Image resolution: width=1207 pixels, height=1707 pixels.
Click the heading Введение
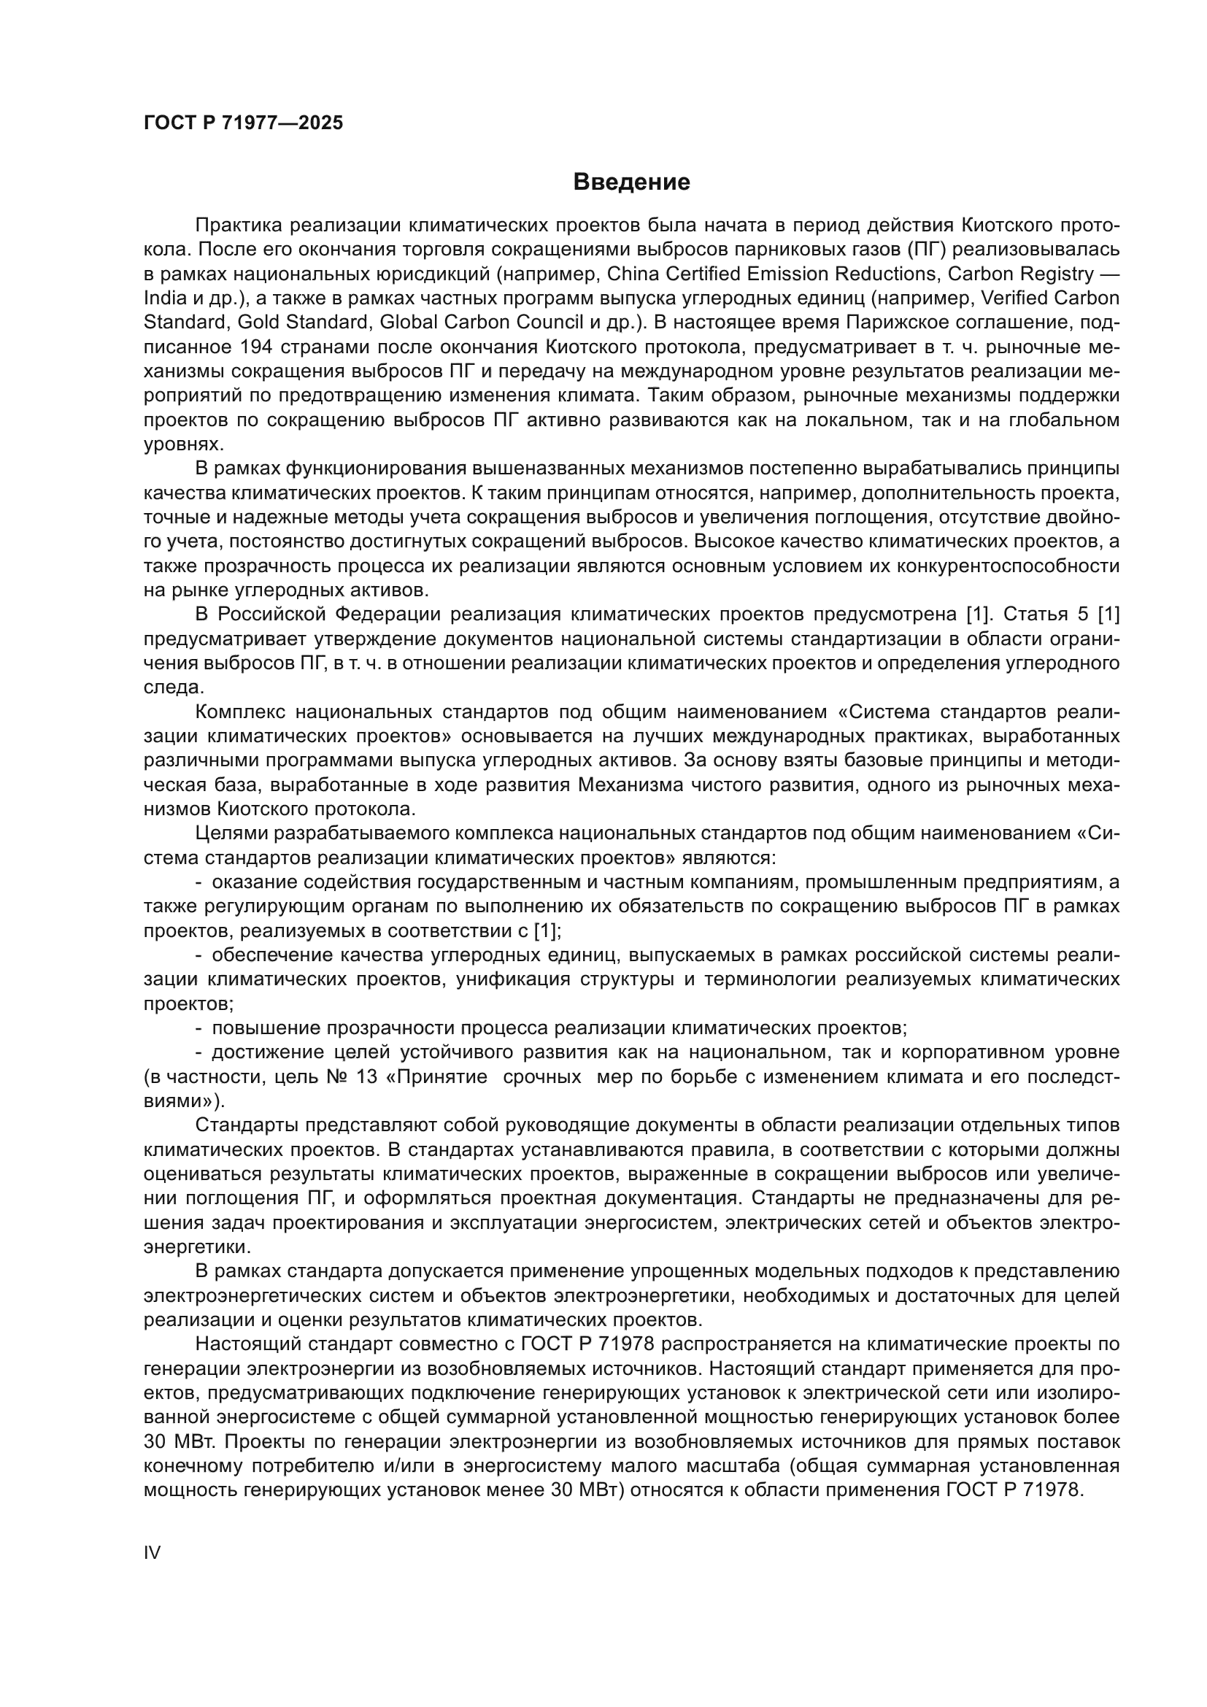(632, 182)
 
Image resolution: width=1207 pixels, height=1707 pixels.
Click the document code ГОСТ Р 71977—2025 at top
(243, 123)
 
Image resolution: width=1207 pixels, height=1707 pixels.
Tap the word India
(163, 298)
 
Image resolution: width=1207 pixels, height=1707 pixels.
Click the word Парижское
(920, 323)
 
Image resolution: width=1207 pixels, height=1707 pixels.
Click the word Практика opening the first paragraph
(237, 226)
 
